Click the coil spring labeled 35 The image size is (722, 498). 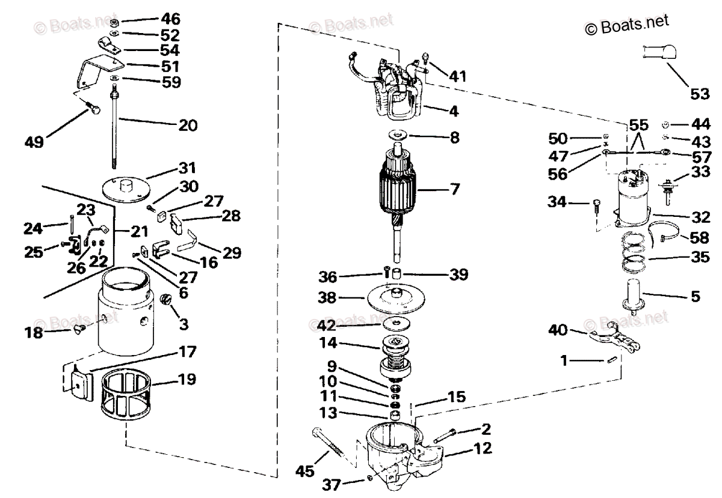click(635, 252)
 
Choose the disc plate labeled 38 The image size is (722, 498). click(396, 299)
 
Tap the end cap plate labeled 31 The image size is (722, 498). click(126, 189)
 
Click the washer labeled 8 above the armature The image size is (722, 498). click(398, 136)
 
